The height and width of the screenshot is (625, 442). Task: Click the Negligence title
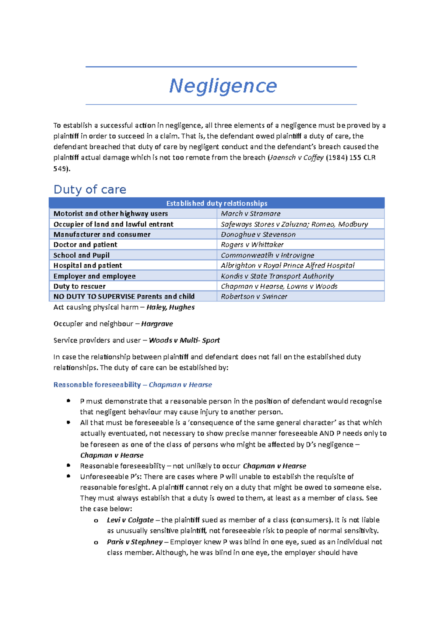pyautogui.click(x=223, y=86)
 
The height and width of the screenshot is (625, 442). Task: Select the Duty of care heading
pyautogui.click(x=90, y=190)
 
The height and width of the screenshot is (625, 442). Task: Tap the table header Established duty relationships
pyautogui.click(x=217, y=203)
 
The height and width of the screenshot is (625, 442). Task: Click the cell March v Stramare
pyautogui.click(x=250, y=213)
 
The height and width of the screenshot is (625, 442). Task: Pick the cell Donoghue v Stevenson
pyautogui.click(x=258, y=234)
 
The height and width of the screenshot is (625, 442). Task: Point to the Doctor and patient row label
pyautogui.click(x=85, y=245)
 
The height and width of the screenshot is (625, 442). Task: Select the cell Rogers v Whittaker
pyautogui.click(x=252, y=245)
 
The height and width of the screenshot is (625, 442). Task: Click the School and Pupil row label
pyautogui.click(x=81, y=255)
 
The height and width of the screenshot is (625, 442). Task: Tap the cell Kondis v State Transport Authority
pyautogui.click(x=277, y=276)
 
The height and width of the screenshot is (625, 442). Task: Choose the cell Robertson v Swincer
pyautogui.click(x=254, y=297)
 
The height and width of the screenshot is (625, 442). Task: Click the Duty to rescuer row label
pyautogui.click(x=79, y=286)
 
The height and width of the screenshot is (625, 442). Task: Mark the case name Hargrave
pyautogui.click(x=157, y=324)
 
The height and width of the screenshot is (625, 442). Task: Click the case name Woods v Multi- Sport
pyautogui.click(x=184, y=340)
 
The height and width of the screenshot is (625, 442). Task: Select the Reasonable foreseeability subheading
pyautogui.click(x=97, y=385)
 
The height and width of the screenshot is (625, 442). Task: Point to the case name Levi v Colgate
pyautogui.click(x=130, y=520)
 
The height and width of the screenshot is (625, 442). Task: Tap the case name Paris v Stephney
pyautogui.click(x=134, y=542)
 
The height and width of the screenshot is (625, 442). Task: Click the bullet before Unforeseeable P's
pyautogui.click(x=69, y=476)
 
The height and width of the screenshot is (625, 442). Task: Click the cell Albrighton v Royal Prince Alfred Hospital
pyautogui.click(x=287, y=265)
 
